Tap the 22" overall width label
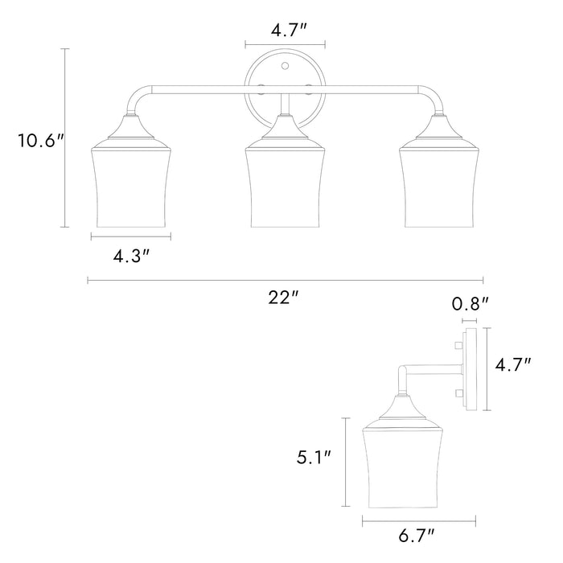click(x=284, y=297)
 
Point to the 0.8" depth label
click(x=470, y=304)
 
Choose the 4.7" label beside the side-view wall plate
click(x=514, y=364)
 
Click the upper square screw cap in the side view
click(x=457, y=346)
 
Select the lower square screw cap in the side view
click(x=457, y=393)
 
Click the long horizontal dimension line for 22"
click(x=285, y=280)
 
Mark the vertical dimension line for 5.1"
click(x=347, y=462)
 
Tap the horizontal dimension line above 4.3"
click(x=131, y=237)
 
